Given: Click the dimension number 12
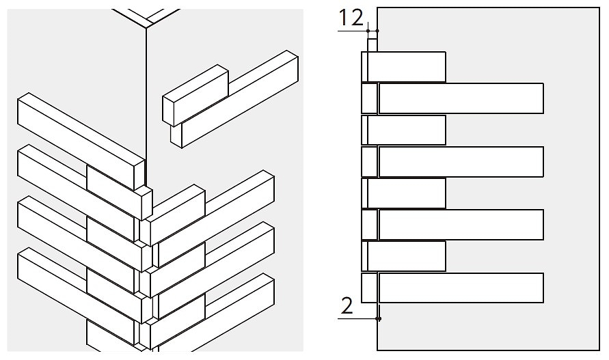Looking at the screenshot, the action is tap(351, 18).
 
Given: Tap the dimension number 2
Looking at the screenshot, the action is tap(347, 305).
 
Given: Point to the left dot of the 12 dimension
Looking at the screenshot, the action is tap(368, 31).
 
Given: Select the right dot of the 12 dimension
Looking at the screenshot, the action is tap(377, 31).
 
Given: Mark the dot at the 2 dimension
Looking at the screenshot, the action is tap(379, 318).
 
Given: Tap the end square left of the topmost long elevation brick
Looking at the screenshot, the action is tap(369, 98).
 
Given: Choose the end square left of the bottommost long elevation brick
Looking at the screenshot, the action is tap(369, 288).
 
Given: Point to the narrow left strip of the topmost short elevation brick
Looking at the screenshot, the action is tap(364, 67).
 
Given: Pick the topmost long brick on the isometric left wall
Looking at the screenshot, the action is tap(81, 141).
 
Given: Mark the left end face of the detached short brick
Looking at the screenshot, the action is tap(167, 111).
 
